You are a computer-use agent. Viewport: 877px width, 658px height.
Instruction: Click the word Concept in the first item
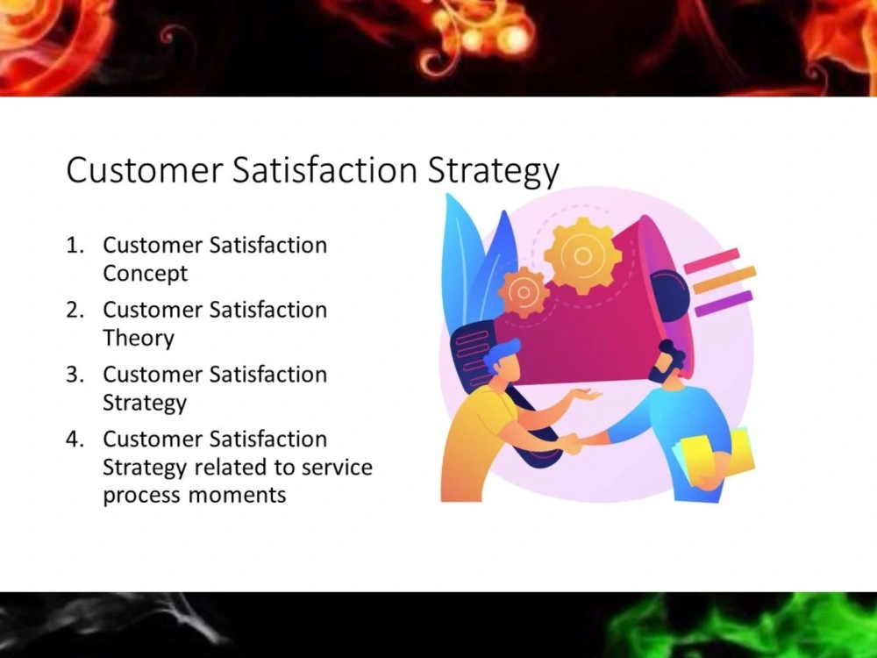146,274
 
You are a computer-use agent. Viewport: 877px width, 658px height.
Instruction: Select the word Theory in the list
139,339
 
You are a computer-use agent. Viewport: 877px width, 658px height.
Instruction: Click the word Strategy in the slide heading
493,171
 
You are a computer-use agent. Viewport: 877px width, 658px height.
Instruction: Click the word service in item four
337,467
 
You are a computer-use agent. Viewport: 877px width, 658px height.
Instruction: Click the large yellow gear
582,254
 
